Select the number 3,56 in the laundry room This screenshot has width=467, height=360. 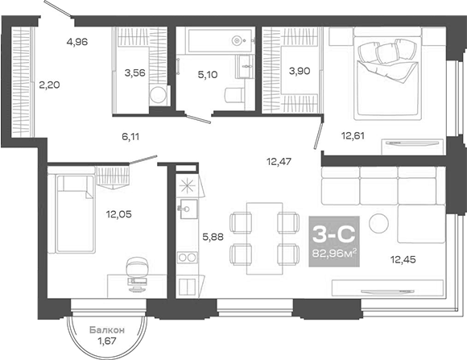pos(135,73)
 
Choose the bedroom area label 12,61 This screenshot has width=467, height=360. pos(354,135)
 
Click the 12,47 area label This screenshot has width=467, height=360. pos(279,161)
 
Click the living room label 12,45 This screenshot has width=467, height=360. pos(403,259)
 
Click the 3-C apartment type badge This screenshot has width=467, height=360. pos(333,234)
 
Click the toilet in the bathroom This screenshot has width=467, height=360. pos(230,94)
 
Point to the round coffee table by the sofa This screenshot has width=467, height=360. pos(378,222)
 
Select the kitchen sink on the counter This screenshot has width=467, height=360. pos(187,212)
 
